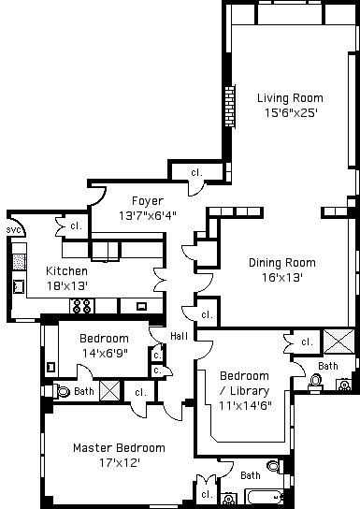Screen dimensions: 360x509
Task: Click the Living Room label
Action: (290, 98)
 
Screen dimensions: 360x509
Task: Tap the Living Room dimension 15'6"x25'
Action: (291, 112)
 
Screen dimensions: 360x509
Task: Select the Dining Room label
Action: (282, 263)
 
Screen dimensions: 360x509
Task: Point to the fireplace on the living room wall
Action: (230, 106)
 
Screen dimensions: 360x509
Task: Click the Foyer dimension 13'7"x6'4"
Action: (148, 215)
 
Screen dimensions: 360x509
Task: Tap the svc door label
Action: (13, 230)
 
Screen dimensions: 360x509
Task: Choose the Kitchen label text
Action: (66, 271)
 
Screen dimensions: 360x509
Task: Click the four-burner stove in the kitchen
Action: (81, 306)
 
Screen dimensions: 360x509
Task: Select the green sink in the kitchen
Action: (19, 262)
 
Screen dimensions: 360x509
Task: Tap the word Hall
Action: (179, 336)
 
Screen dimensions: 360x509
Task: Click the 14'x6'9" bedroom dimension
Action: (105, 353)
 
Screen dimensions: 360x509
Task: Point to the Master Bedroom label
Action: (119, 448)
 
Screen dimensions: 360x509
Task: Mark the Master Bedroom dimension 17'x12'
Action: (120, 462)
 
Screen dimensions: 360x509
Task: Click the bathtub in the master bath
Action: (265, 497)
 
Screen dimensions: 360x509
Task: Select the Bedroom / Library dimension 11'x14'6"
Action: (245, 405)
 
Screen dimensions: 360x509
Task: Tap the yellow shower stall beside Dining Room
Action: (338, 342)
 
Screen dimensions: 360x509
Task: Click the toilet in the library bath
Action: (315, 382)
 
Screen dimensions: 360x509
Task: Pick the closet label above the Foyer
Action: (196, 172)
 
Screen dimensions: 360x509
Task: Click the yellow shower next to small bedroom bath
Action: (109, 390)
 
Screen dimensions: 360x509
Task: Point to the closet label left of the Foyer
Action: (76, 225)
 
